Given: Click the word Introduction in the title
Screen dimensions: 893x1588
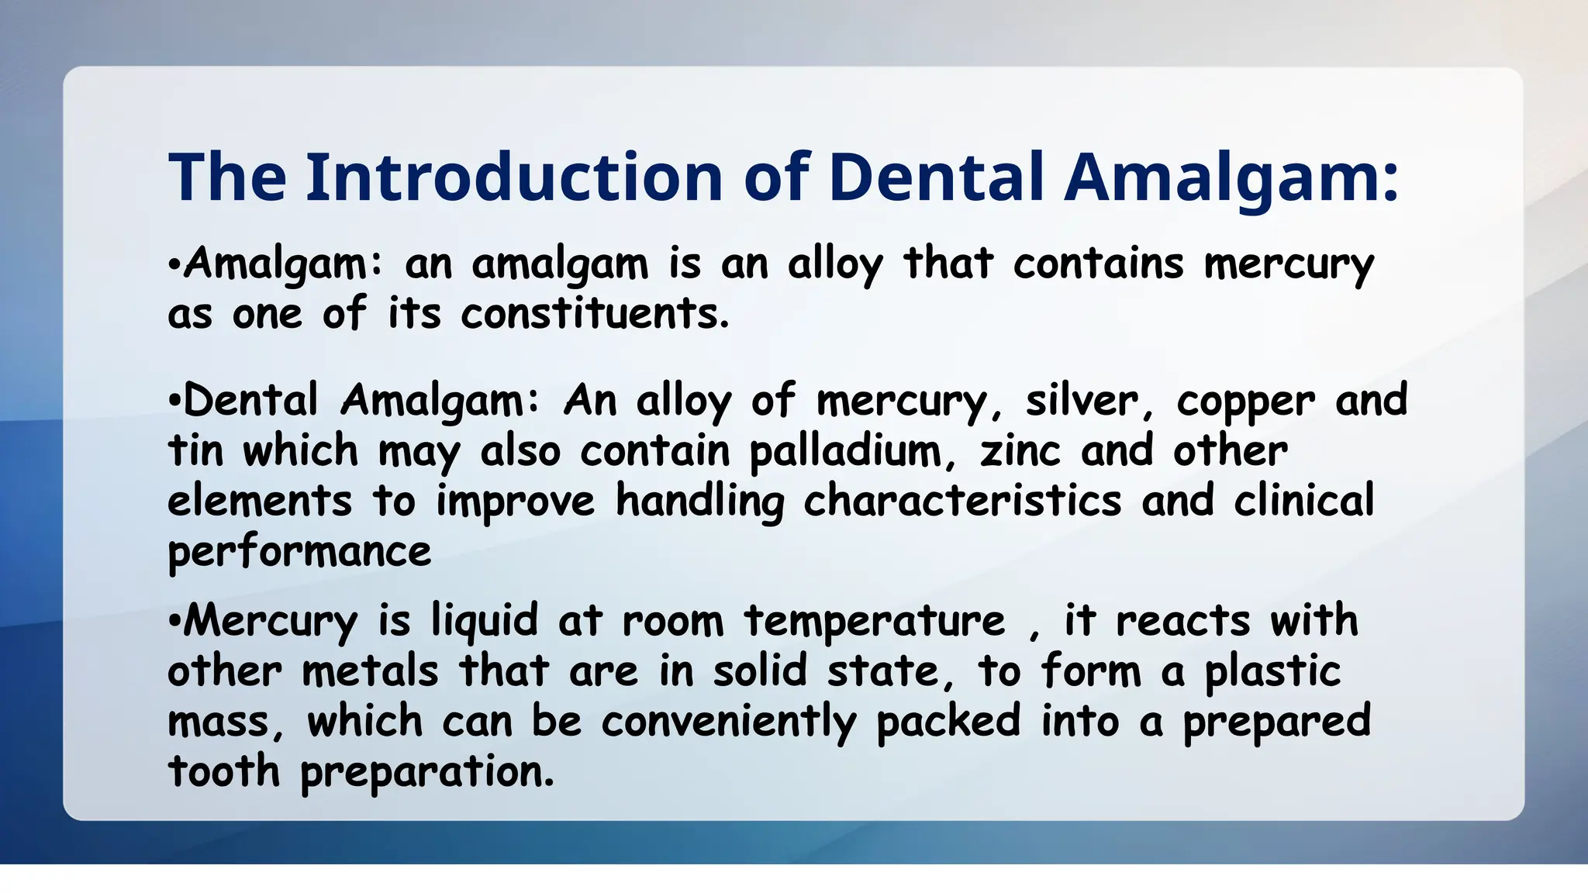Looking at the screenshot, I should [514, 178].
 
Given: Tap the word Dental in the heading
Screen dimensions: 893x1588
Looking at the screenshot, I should [936, 178].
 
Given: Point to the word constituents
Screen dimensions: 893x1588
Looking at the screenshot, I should [595, 315].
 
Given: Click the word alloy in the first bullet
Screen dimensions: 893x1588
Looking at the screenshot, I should [835, 264].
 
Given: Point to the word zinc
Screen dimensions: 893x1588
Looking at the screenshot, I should [1020, 452].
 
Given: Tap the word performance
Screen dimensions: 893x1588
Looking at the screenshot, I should [299, 553].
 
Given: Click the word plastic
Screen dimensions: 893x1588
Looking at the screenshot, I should [1272, 671].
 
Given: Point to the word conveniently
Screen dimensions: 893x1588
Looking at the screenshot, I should [729, 722].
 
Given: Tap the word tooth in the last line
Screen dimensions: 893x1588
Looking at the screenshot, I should [223, 771].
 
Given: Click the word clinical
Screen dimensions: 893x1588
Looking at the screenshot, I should [1303, 502].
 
